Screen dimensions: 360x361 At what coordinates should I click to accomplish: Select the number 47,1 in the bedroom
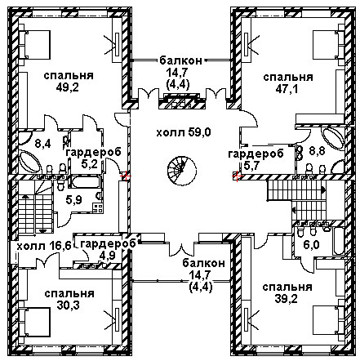click(x=287, y=89)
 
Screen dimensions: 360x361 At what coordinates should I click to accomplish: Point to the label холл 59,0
click(x=184, y=133)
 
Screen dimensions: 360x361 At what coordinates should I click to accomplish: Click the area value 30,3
click(x=69, y=305)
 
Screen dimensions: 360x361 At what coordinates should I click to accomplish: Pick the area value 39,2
click(x=287, y=299)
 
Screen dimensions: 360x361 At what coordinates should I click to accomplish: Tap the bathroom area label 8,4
click(x=42, y=144)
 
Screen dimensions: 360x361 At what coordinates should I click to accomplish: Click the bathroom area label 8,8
click(x=318, y=150)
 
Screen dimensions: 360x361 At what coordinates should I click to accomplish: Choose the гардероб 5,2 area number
click(x=90, y=164)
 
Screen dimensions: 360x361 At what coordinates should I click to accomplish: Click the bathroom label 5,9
click(x=74, y=201)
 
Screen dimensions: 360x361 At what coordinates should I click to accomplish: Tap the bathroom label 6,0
click(x=312, y=244)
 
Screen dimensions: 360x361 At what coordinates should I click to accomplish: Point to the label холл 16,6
click(x=44, y=247)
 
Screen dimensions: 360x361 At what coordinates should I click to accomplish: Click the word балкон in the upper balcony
click(x=181, y=60)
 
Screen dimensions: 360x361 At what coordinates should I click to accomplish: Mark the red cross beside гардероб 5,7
click(x=237, y=176)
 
